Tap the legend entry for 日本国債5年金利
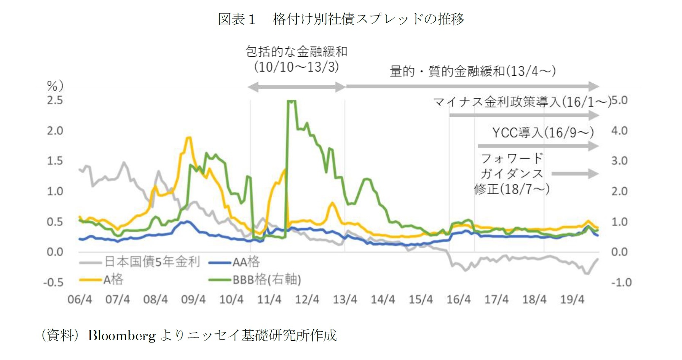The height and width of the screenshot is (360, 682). pyautogui.click(x=152, y=262)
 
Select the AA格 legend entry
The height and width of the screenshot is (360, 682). pyautogui.click(x=246, y=262)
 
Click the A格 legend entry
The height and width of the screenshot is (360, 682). pyautogui.click(x=113, y=280)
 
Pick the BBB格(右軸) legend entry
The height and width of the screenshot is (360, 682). pyautogui.click(x=267, y=280)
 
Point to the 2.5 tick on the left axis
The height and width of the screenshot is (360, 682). pyautogui.click(x=55, y=100)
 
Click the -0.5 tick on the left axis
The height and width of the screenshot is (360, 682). pyautogui.click(x=53, y=282)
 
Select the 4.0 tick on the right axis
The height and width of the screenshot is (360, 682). pyautogui.click(x=619, y=131)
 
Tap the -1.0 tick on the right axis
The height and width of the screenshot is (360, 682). pyautogui.click(x=621, y=282)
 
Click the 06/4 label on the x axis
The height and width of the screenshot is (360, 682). pyautogui.click(x=80, y=299)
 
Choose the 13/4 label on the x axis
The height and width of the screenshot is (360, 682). pyautogui.click(x=345, y=299)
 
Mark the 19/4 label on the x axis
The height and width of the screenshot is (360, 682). pyautogui.click(x=572, y=299)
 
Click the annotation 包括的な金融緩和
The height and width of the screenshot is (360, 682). pyautogui.click(x=296, y=51)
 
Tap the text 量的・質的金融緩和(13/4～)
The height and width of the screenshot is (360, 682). pyautogui.click(x=472, y=71)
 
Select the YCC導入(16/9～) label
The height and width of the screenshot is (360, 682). pyautogui.click(x=543, y=133)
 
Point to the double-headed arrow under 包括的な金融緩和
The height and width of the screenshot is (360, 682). pyautogui.click(x=296, y=87)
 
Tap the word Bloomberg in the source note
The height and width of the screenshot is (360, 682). pyautogui.click(x=122, y=336)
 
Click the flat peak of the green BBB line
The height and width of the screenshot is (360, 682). pyautogui.click(x=291, y=101)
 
